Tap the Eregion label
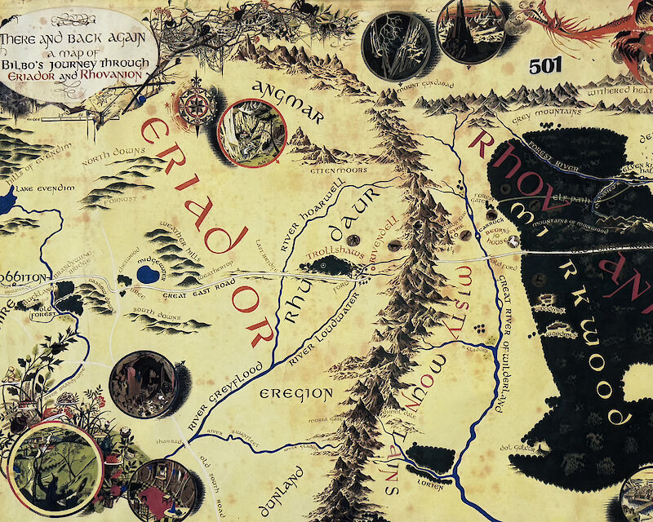click(296, 395)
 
